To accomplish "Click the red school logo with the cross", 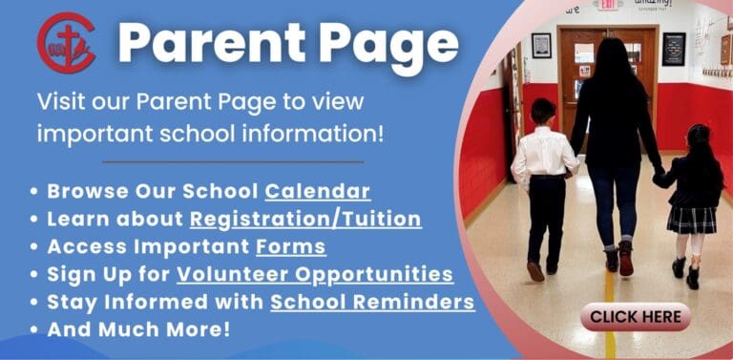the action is pos(67,43).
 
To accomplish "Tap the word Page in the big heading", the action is pos(389,47).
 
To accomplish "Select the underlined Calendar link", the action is pos(318,191).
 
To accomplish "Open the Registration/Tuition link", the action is pos(305,220).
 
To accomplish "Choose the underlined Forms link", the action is pos(291,247).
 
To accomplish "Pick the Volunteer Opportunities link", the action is pos(315,275).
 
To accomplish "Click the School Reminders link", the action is pos(372,302).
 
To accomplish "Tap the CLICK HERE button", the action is pos(636,317).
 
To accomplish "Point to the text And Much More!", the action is pos(138,329).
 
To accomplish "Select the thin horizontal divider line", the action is pos(233,161).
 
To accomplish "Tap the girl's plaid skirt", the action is pos(691,221).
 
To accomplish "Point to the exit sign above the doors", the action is pos(608,5).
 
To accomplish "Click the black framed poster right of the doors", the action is pos(674,49).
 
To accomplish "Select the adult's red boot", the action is pos(625,259).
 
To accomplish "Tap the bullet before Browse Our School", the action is pos(33,192).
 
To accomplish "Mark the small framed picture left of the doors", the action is pos(541,46).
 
